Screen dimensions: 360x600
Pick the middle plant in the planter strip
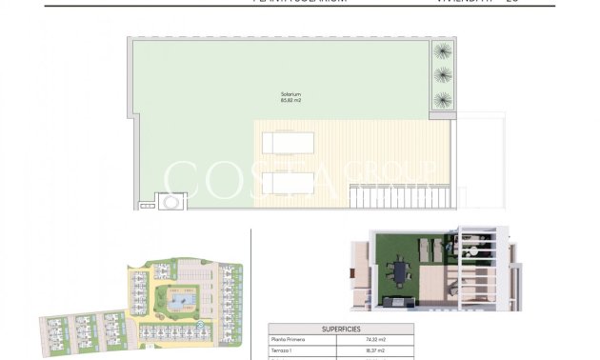click(x=443, y=74)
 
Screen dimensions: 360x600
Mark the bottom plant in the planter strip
click(x=443, y=99)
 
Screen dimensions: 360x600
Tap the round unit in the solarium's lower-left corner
click(x=171, y=202)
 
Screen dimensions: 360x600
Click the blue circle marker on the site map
click(x=199, y=326)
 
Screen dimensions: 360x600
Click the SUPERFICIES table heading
click(x=341, y=327)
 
